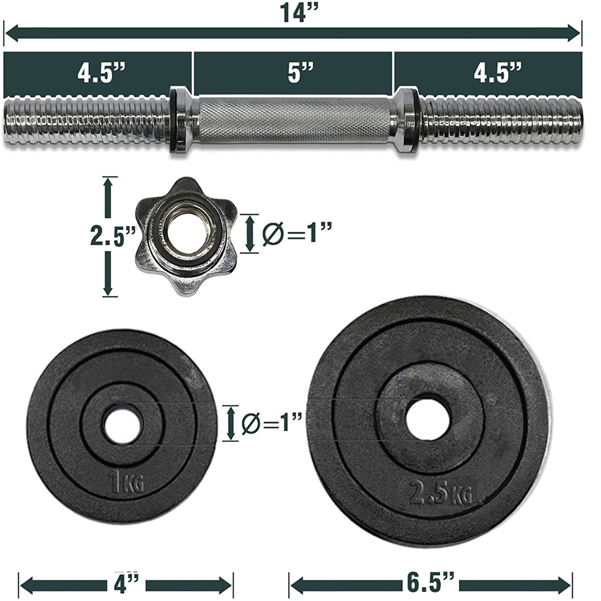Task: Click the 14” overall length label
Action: tap(298, 13)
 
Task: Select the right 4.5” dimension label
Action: tap(498, 73)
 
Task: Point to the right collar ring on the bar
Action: tap(407, 120)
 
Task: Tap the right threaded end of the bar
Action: tap(501, 120)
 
